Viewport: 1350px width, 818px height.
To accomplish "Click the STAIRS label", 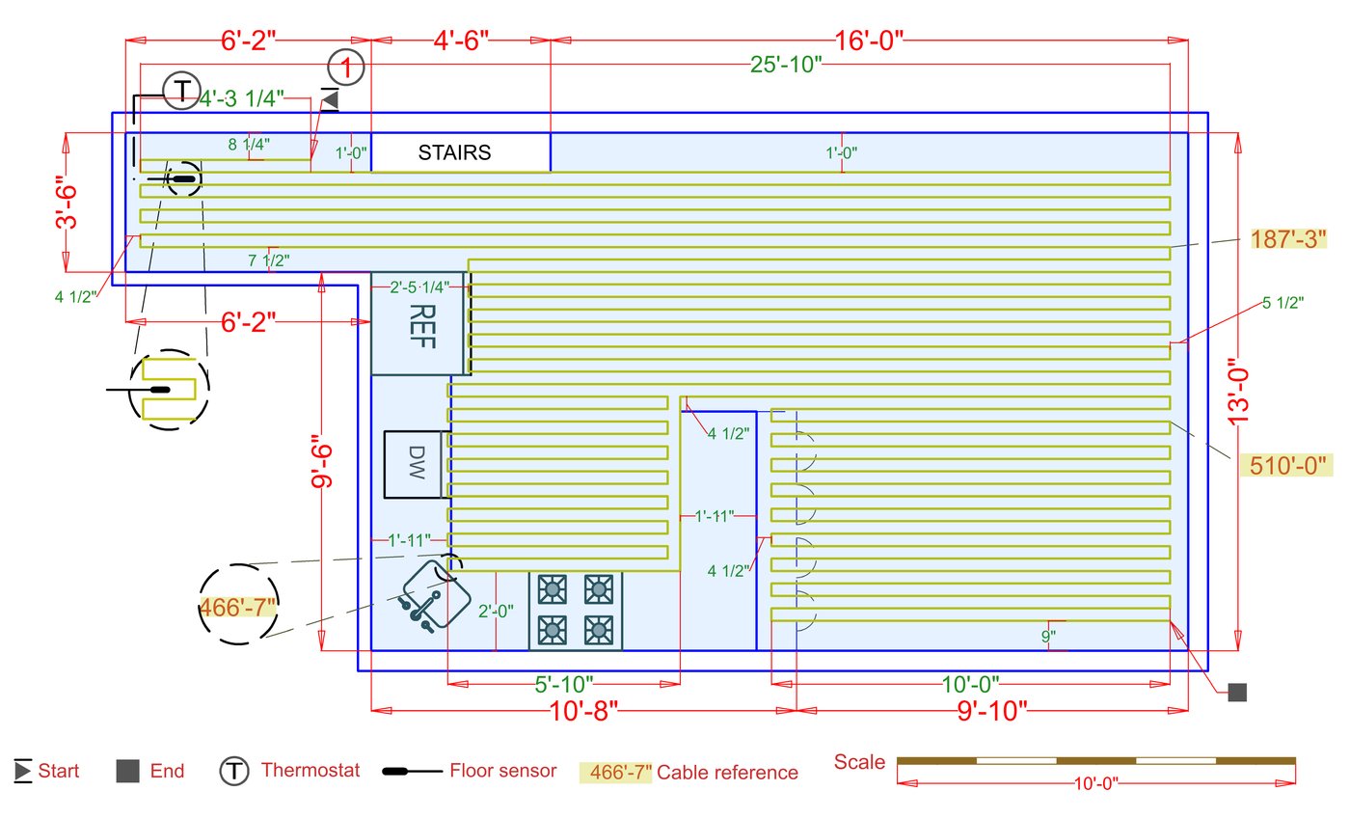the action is [454, 152].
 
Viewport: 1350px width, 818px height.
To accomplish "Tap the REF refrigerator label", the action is [422, 326].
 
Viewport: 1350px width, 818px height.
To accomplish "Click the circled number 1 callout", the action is [346, 68].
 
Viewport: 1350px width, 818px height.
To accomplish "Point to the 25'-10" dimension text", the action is [786, 65].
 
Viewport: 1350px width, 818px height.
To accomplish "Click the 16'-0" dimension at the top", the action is [869, 41].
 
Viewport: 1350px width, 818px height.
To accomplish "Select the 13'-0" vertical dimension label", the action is [1239, 393].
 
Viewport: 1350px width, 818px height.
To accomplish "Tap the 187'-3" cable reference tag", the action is [1288, 239].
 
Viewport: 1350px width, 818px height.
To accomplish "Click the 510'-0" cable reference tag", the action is [1287, 465].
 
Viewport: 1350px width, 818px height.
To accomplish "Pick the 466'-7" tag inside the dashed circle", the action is [237, 607].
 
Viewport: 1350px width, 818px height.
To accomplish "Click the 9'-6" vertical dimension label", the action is [322, 461].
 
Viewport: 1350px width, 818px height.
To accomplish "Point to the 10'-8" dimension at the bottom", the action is [583, 711].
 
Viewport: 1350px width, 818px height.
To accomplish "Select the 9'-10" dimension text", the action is [992, 711].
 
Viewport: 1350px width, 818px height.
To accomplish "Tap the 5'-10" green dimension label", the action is [563, 685].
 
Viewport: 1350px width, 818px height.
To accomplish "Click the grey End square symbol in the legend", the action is [127, 771].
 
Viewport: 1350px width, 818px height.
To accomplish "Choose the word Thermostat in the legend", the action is [310, 770].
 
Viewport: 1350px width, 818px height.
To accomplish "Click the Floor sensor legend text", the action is [503, 771].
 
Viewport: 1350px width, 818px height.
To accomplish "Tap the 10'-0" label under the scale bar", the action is [1095, 783].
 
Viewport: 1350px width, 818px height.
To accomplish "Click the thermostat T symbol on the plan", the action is [181, 91].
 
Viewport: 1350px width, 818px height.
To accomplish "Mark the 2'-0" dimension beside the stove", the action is [496, 612].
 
